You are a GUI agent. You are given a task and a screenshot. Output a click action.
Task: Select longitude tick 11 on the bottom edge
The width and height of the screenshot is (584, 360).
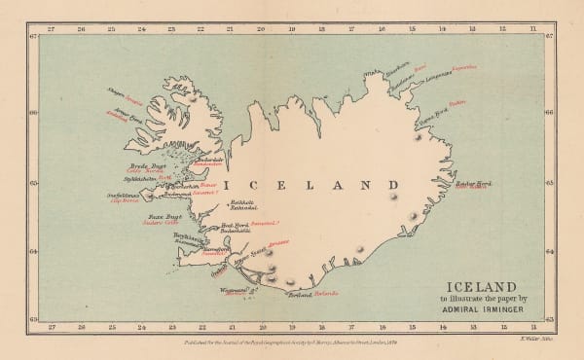point(532,330)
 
